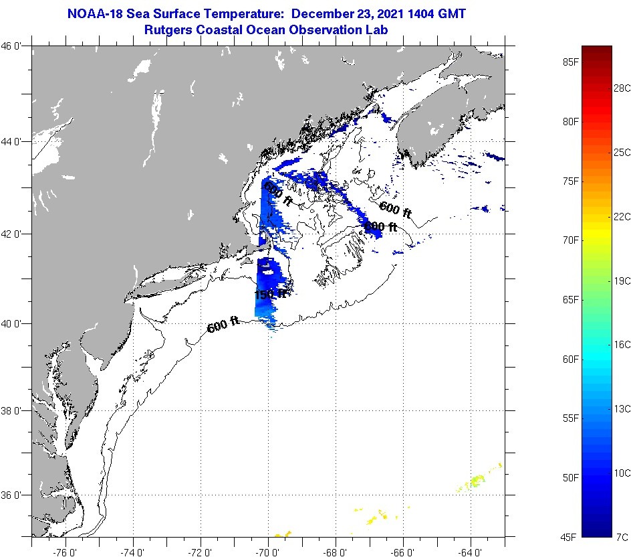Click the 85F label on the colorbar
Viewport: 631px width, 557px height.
tap(570, 62)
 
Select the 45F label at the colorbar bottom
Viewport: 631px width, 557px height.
tap(570, 536)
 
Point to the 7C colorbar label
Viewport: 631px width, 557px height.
tap(621, 536)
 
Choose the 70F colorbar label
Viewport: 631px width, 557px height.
tap(570, 240)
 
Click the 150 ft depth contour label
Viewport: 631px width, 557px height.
tap(271, 294)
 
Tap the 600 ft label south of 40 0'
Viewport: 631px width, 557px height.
tap(223, 326)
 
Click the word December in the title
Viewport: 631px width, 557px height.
tap(323, 13)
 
